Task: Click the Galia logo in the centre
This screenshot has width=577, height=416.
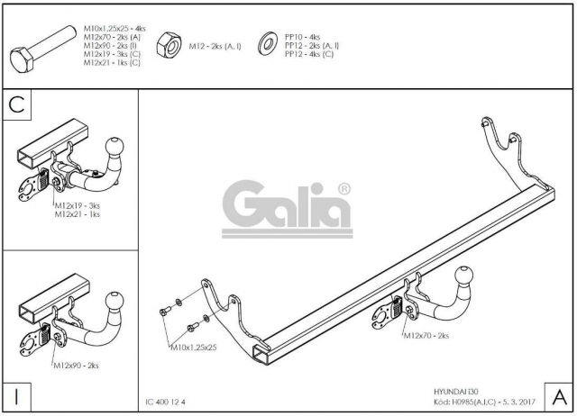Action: [x=287, y=209]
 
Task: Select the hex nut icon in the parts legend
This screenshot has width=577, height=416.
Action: [x=169, y=45]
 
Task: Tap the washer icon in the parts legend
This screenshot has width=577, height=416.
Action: [x=268, y=44]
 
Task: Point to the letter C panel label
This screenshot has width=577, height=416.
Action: [x=16, y=104]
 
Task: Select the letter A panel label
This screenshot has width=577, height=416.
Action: [x=559, y=397]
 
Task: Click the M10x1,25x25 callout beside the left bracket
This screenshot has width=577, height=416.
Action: [x=194, y=348]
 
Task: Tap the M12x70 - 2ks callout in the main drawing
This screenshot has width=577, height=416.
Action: [x=426, y=336]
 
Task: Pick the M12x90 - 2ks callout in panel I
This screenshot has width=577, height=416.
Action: [x=76, y=366]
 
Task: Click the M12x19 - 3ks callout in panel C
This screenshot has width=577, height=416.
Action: [x=78, y=206]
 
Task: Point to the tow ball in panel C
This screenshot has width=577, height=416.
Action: [x=114, y=148]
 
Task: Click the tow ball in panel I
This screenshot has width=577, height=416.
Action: [x=114, y=302]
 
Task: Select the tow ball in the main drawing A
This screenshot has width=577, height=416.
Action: [x=464, y=276]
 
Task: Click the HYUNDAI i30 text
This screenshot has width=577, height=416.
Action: [x=456, y=392]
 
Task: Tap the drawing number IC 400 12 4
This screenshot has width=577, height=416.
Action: [x=166, y=402]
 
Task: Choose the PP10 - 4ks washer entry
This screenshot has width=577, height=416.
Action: [x=303, y=37]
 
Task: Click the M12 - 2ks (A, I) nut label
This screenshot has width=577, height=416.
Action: [x=215, y=46]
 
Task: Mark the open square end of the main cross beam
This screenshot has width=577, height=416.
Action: [x=261, y=354]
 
